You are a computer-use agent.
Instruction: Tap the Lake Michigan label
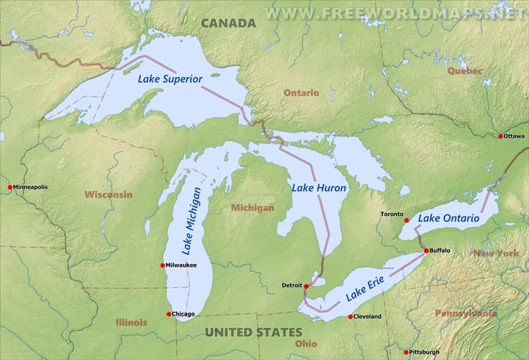tap(190, 220)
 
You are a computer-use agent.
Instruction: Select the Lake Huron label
tap(320, 188)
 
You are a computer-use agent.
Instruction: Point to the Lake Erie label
tap(367, 287)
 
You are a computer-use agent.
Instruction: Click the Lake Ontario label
tap(449, 219)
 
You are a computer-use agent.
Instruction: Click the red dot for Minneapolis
tap(10, 187)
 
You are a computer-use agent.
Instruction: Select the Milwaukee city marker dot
tap(164, 265)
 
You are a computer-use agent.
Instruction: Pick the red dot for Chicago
tap(169, 314)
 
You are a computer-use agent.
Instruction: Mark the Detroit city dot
tap(306, 286)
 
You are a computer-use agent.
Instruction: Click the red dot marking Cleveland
tap(350, 317)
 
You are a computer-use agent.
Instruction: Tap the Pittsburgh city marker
tap(406, 352)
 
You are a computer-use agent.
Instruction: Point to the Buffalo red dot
tap(426, 251)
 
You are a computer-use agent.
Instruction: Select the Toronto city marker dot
tap(406, 220)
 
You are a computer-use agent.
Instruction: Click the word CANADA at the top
tap(229, 23)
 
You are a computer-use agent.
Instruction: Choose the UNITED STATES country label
tap(253, 332)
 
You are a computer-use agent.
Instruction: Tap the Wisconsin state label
tap(108, 194)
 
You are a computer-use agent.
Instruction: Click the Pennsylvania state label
tap(466, 313)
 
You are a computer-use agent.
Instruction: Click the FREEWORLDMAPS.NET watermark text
tap(395, 13)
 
